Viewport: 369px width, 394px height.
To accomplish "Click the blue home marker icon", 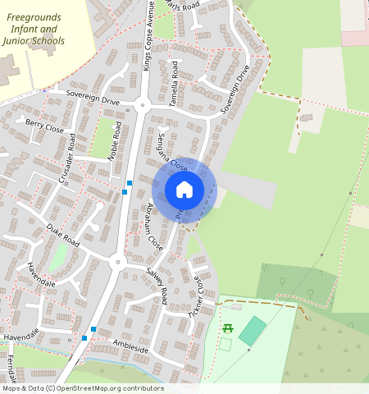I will [184, 190].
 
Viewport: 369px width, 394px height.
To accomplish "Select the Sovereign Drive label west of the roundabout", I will [93, 97].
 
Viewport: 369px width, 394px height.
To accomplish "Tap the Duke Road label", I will [62, 235].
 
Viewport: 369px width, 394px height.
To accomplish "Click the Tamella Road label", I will [175, 79].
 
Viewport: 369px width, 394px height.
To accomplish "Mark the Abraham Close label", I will [154, 226].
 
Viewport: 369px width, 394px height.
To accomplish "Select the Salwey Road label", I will [157, 283].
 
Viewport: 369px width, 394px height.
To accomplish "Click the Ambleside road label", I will [130, 347].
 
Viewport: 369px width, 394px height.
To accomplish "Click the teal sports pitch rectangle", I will [253, 330].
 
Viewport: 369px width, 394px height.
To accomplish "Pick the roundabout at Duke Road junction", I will [116, 263].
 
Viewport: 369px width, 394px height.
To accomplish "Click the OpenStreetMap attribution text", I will [82, 388].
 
